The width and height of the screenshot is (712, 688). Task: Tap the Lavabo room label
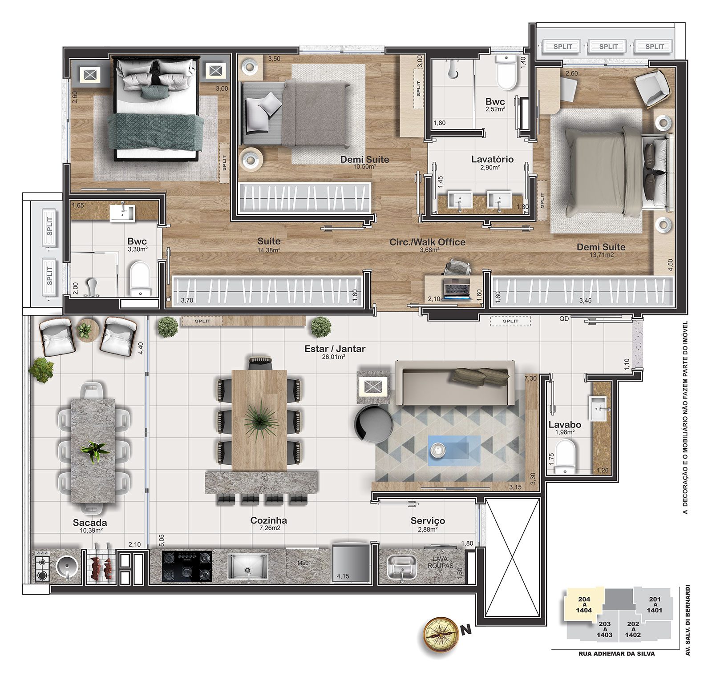565,425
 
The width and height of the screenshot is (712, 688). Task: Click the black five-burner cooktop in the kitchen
187,566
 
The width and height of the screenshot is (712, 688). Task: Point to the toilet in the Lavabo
565,456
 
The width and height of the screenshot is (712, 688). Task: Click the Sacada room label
90,523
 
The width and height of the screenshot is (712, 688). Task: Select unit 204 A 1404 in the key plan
584,605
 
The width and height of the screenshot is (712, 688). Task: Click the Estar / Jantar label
335,349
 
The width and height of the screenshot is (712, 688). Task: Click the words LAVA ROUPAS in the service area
440,562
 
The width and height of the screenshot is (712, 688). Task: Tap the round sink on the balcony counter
68,566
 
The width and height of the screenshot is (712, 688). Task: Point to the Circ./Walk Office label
427,242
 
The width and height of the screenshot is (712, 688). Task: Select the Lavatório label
492,159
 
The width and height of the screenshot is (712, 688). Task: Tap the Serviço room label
428,521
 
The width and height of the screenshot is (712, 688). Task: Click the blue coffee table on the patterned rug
454,451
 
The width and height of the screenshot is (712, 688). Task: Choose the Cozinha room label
268,520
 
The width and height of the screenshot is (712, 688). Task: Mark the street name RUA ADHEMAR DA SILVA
616,654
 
